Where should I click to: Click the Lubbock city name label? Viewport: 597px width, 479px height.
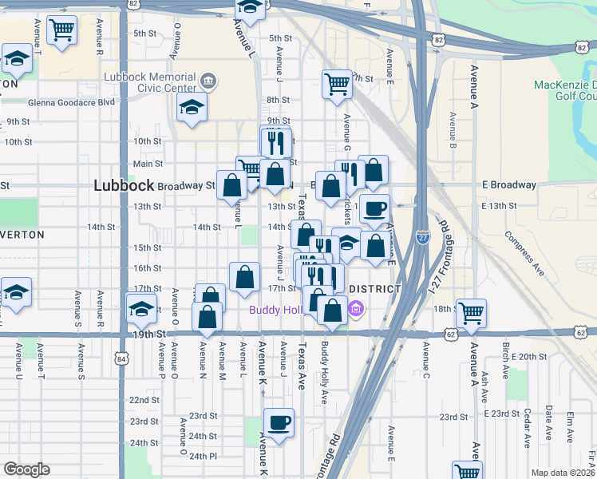123,184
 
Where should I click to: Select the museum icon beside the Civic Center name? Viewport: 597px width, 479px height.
208,80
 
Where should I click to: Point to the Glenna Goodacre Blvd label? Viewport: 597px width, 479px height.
70,101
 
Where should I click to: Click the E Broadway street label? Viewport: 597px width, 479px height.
509,184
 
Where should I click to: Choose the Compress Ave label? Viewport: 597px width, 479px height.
524,255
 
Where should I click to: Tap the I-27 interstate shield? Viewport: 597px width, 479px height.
422,237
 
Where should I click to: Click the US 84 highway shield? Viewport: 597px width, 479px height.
121,358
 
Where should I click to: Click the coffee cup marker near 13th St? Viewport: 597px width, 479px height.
374,209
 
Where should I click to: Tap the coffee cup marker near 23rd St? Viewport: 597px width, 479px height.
279,422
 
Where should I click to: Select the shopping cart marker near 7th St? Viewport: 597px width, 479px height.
338,83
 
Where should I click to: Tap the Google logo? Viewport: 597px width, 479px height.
26,469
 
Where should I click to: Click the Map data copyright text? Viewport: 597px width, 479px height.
563,473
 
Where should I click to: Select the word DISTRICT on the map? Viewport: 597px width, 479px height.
374,288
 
